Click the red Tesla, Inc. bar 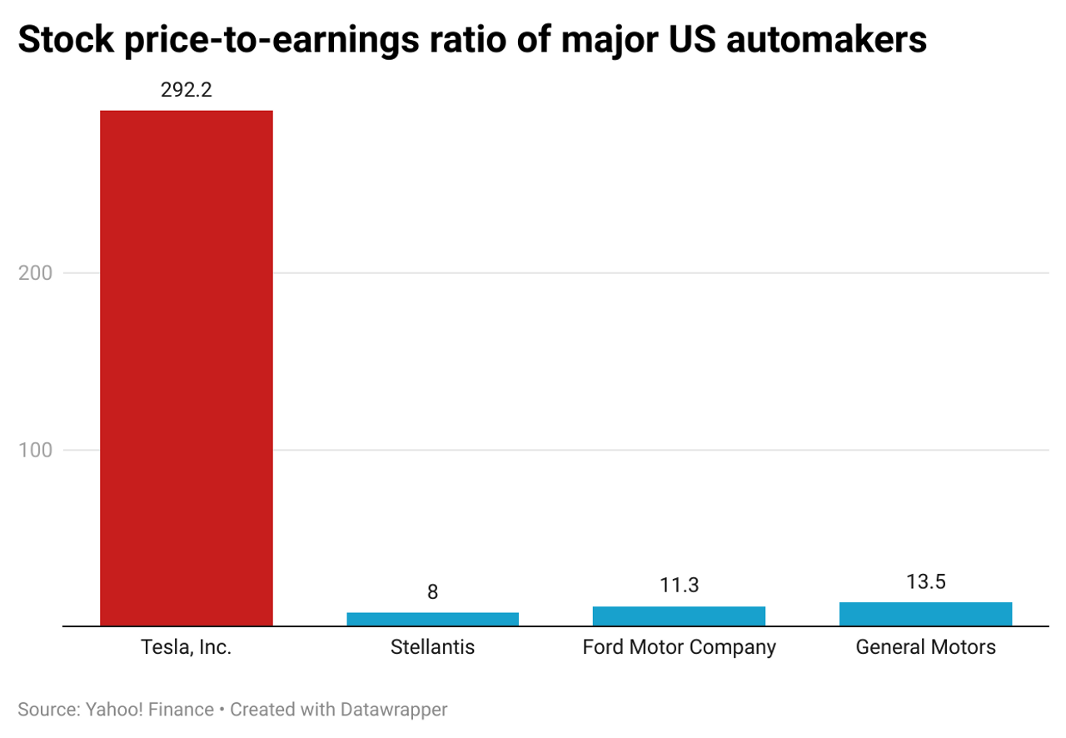click(187, 367)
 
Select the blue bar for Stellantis click(432, 619)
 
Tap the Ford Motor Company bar click(679, 616)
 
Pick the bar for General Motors click(925, 614)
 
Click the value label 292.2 click(187, 89)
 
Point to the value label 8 click(432, 592)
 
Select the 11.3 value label click(679, 586)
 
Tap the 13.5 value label click(925, 581)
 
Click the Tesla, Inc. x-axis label click(187, 647)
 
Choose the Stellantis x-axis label click(432, 647)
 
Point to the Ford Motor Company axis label click(679, 647)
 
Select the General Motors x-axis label click(925, 647)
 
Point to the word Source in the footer click(47, 711)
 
